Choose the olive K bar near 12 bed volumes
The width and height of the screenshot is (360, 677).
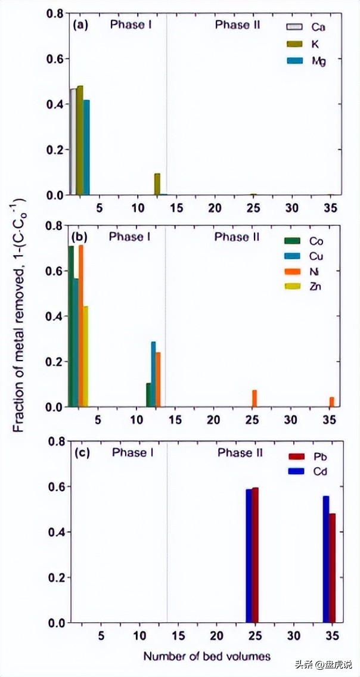157,184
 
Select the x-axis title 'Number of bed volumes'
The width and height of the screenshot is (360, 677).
207,656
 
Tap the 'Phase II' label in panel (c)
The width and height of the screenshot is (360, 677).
240,453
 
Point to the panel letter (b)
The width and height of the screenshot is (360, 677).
80,237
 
